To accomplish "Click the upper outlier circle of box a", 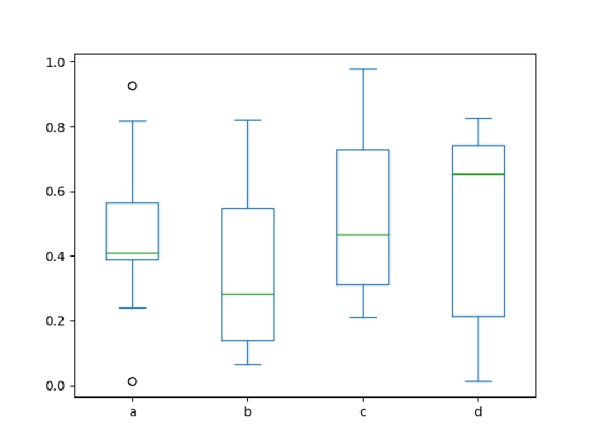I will tap(132, 86).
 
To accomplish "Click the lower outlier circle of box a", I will tap(132, 382).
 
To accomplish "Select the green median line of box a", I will tap(132, 253).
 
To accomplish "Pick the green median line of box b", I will tap(248, 294).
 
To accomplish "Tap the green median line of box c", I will tap(363, 235).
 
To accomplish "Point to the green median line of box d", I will tap(478, 174).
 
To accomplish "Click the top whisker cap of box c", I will tap(363, 69).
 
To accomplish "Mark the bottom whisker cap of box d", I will tap(478, 382).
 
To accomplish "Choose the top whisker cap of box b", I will tap(248, 121).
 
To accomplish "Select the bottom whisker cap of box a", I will tap(132, 308).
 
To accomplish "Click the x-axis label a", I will tap(132, 411).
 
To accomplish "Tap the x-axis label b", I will tap(248, 411).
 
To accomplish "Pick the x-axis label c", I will tap(363, 411).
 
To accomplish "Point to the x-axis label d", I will tap(478, 411).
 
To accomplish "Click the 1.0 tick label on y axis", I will tap(56, 62).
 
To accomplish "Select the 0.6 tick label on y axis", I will tap(56, 192).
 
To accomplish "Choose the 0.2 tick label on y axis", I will tap(56, 321).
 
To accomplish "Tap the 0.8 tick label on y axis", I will tap(56, 127).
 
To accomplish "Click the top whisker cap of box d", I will tap(478, 119).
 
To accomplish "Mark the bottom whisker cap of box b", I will tap(248, 364).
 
